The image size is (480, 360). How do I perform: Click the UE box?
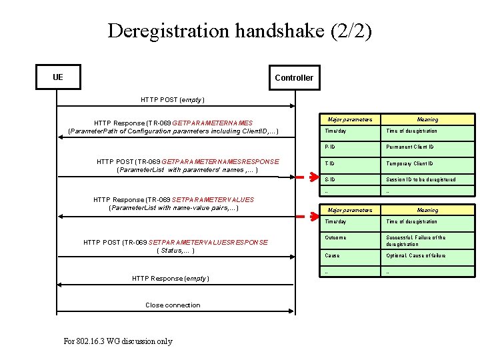click(x=59, y=77)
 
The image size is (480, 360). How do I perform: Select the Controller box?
click(x=293, y=77)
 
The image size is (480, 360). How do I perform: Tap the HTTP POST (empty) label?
click(x=173, y=99)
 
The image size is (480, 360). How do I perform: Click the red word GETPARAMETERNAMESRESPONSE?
click(x=221, y=161)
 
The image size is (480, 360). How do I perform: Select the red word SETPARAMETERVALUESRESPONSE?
click(x=209, y=242)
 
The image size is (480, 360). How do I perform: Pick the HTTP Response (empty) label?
click(x=171, y=278)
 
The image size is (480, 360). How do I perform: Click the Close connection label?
click(x=173, y=305)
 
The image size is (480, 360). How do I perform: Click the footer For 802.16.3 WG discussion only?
click(x=118, y=341)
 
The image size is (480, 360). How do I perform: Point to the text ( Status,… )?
click(x=175, y=251)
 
